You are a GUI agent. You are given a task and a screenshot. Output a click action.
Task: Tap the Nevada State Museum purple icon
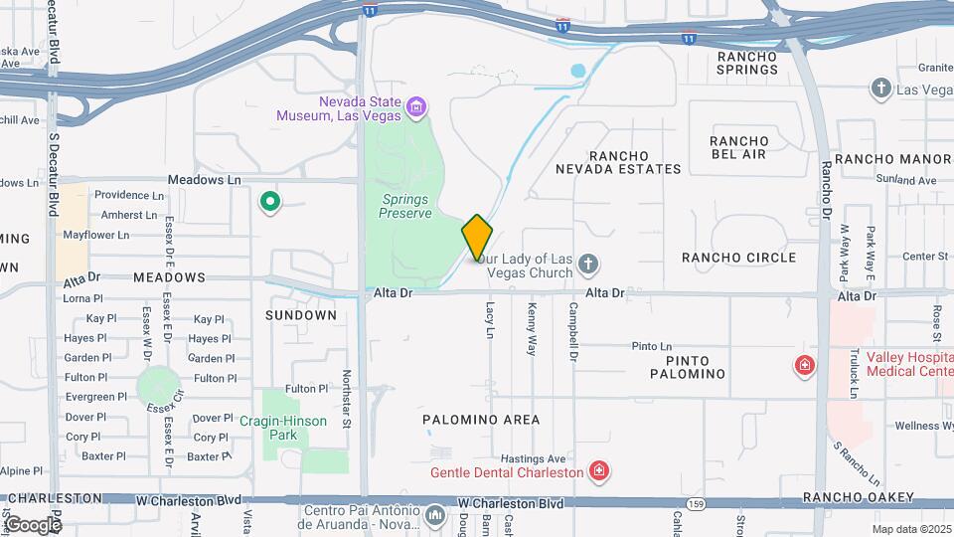click(x=416, y=106)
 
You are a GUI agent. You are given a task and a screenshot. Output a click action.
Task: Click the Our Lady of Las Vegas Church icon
click(x=588, y=264)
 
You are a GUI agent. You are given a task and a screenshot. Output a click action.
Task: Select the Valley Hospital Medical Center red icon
click(x=803, y=366)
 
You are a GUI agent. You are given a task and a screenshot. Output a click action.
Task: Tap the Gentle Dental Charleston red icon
click(x=598, y=470)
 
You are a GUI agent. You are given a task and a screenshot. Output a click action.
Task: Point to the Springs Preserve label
click(x=406, y=206)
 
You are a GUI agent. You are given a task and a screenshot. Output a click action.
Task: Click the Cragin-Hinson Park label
click(x=283, y=428)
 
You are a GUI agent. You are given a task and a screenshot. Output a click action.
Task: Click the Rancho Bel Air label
click(x=739, y=147)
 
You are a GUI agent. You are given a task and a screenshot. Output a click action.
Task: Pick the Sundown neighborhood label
click(x=301, y=314)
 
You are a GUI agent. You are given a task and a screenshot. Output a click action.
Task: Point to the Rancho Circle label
click(x=738, y=258)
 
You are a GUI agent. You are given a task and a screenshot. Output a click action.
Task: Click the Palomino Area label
click(x=481, y=420)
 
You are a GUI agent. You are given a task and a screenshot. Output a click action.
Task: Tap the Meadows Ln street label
click(x=205, y=179)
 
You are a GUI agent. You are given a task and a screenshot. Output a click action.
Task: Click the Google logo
click(x=33, y=524)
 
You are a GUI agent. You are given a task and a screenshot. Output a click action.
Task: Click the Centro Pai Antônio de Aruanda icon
click(x=435, y=515)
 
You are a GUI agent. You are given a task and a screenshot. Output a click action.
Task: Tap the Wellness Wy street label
click(x=922, y=426)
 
